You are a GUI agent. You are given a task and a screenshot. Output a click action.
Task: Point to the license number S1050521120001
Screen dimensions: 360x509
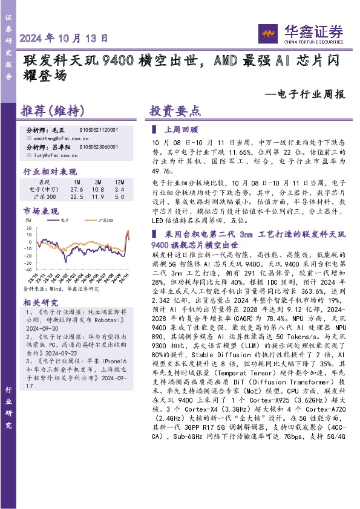click(99, 130)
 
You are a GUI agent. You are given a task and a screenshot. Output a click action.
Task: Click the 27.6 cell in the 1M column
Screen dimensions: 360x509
click(77, 189)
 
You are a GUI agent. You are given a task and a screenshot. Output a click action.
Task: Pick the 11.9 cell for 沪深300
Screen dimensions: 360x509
click(97, 196)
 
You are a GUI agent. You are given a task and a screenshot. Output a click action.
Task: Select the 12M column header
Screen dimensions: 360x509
click(119, 182)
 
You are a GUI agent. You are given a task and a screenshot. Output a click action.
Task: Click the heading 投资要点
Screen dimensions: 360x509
click(175, 111)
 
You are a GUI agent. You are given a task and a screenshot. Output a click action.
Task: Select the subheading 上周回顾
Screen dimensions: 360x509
click(182, 129)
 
